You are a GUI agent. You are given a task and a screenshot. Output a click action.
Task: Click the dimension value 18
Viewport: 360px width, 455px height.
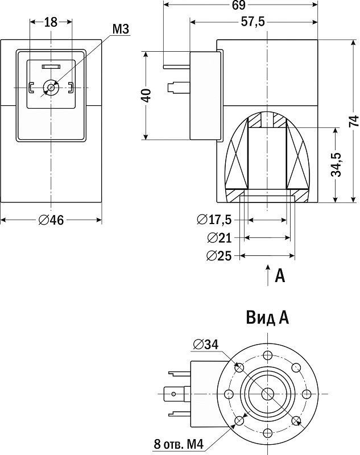point(51,22)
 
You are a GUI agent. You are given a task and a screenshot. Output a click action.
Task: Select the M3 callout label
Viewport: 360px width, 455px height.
point(120,29)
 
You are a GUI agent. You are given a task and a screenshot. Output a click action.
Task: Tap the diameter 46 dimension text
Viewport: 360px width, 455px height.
point(51,221)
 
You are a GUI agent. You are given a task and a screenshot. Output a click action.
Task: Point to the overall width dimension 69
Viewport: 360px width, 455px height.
point(238,6)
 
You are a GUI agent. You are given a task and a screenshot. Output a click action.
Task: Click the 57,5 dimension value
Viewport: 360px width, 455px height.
point(253,24)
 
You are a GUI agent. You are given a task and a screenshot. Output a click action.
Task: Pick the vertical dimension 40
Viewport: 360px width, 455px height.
point(146,95)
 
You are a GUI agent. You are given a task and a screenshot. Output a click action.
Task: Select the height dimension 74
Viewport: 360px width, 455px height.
point(353,121)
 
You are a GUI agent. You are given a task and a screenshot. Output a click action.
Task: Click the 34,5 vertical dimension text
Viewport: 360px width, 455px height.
point(336,164)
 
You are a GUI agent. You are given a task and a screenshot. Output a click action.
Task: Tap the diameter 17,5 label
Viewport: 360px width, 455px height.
point(214,220)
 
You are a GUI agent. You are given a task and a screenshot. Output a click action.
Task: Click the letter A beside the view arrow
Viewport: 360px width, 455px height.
point(279,276)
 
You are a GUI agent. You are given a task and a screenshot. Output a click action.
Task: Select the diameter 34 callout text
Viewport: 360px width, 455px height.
point(205,344)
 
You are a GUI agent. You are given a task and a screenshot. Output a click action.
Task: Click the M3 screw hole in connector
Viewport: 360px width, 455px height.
point(52,88)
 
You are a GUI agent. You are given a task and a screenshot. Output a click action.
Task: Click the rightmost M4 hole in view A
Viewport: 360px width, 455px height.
point(306,394)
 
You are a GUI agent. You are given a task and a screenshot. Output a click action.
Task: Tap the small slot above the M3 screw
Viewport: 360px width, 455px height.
point(51,67)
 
